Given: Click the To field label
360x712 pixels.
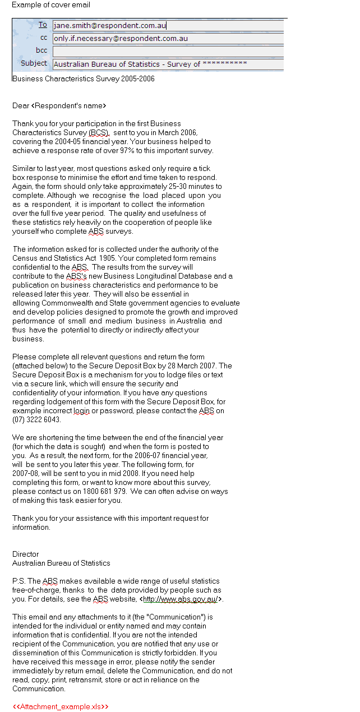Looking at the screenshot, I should click(43, 25).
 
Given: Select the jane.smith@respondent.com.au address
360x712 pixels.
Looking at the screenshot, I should click(109, 25).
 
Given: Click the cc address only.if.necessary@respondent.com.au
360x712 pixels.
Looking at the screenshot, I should click(121, 39).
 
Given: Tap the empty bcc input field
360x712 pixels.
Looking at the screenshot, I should click(168, 51).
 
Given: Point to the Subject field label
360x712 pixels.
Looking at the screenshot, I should click(34, 63).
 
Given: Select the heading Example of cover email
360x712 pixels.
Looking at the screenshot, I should click(51, 5).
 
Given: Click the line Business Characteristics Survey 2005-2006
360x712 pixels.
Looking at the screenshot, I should click(84, 79).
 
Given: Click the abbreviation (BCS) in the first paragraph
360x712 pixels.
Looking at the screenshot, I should click(99, 133).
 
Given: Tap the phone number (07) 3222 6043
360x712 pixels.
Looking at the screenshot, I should click(36, 420).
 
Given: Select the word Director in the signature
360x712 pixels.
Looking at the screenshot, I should click(26, 554).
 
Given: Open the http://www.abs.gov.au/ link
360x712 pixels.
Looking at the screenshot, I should click(181, 599).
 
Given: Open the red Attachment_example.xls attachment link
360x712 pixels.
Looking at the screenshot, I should click(61, 707).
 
